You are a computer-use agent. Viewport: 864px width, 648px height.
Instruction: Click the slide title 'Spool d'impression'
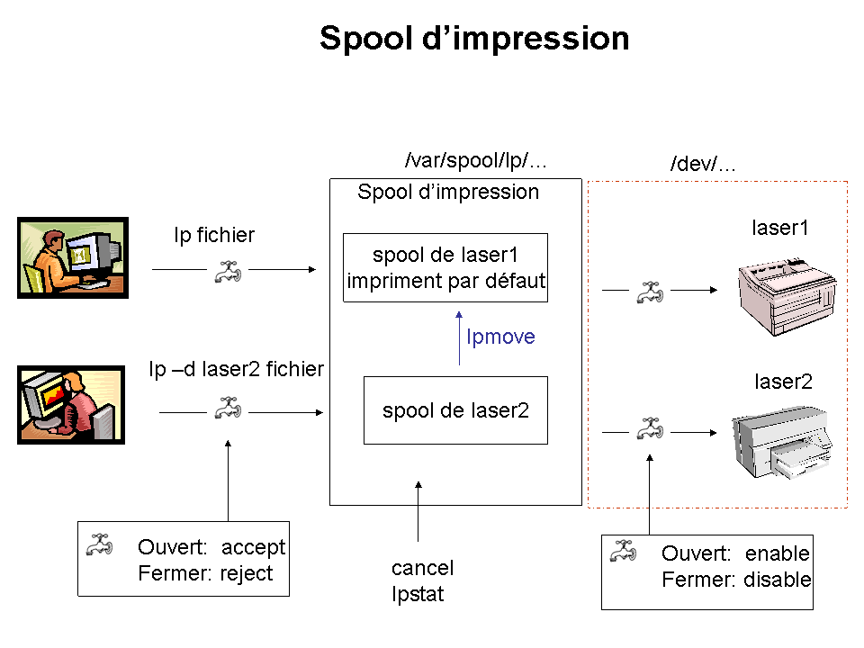click(474, 38)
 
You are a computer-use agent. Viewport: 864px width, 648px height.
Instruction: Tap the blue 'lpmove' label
click(500, 337)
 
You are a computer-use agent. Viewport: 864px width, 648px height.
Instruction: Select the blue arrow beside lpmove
click(459, 337)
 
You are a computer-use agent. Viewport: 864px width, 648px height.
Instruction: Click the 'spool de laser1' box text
click(445, 255)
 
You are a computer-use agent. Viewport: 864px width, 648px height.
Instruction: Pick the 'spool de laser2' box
click(455, 410)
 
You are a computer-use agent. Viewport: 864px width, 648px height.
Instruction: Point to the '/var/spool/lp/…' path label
click(475, 160)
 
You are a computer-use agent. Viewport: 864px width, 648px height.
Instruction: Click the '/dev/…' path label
click(703, 164)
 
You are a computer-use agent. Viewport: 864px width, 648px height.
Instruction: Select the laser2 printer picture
click(781, 442)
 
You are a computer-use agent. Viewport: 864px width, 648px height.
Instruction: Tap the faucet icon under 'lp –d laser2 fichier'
click(228, 408)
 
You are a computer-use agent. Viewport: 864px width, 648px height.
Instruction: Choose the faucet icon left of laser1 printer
click(650, 292)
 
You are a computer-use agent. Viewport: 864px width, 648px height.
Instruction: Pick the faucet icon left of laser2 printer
click(650, 428)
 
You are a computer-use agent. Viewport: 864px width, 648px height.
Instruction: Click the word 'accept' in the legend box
click(253, 547)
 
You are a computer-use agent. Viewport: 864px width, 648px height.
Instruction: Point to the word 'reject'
click(247, 573)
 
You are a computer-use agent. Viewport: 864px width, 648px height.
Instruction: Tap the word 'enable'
click(777, 553)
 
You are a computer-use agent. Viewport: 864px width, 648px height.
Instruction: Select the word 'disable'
click(777, 580)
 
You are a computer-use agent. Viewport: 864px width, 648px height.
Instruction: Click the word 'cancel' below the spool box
click(423, 568)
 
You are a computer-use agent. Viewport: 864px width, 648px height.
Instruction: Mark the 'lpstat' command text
click(418, 594)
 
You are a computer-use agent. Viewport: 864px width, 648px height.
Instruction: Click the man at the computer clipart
click(73, 258)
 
